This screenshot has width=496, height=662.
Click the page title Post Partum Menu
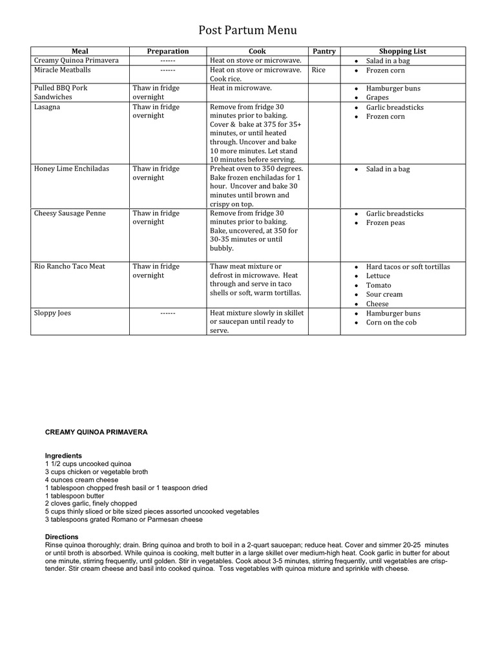(x=247, y=30)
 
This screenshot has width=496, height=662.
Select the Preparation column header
(x=168, y=51)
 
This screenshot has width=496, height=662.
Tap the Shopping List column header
(x=402, y=51)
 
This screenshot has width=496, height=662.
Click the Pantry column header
(x=324, y=51)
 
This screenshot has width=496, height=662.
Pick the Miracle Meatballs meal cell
(x=63, y=70)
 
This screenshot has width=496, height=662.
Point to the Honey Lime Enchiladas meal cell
(x=72, y=169)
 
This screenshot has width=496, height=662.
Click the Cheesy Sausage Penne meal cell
(x=70, y=213)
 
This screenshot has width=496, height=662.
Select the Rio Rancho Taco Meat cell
(x=70, y=266)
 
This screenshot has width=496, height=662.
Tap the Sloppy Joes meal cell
(x=52, y=313)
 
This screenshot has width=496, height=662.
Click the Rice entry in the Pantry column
(x=318, y=70)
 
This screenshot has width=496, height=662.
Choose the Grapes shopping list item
(x=377, y=98)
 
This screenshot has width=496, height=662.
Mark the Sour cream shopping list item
(x=384, y=294)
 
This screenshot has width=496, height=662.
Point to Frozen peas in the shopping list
(x=386, y=223)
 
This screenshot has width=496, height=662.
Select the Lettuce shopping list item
(x=378, y=276)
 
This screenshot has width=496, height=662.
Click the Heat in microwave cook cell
(x=241, y=88)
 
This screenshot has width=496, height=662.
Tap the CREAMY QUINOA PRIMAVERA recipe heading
(x=96, y=432)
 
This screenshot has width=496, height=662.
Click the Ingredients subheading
(x=63, y=455)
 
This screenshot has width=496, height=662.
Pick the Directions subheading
(x=61, y=537)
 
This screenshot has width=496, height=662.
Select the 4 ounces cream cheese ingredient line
(x=81, y=480)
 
